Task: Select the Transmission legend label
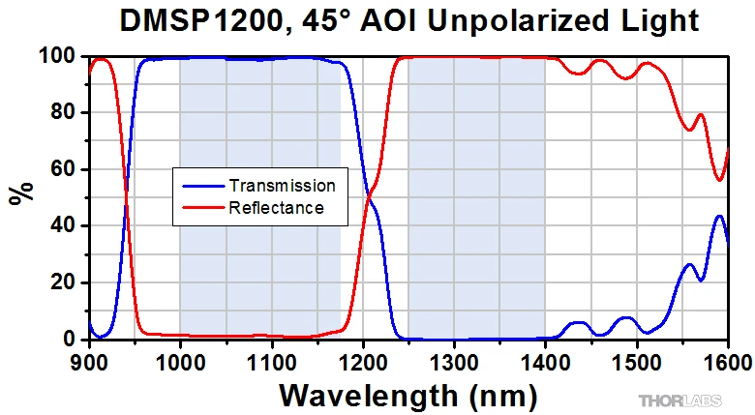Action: pos(282,186)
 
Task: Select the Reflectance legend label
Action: pos(276,207)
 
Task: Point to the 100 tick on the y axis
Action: pos(60,57)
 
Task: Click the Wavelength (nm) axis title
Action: pos(407,395)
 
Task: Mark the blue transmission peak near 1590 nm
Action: pos(719,217)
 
